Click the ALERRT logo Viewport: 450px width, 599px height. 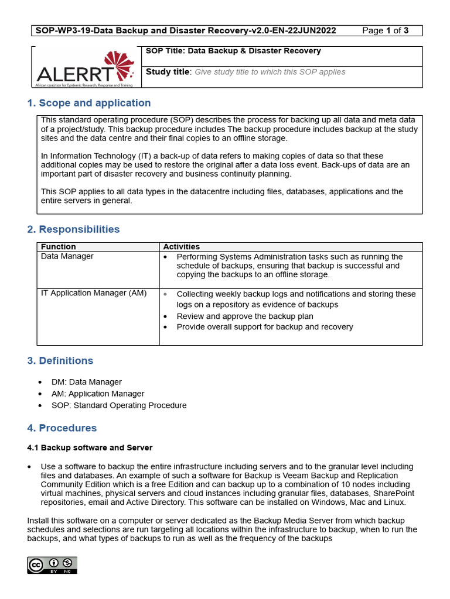86,67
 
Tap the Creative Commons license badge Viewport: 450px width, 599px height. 52,565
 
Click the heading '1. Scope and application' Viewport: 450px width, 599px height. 89,103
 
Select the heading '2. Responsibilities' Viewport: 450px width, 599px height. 73,229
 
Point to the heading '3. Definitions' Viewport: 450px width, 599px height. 60,360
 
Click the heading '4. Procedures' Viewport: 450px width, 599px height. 62,428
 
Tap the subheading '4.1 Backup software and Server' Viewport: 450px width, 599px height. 90,447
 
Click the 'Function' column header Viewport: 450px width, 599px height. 59,247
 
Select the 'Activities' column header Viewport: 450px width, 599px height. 181,247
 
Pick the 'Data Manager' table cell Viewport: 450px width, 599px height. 67,256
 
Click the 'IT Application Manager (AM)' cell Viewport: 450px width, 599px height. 94,293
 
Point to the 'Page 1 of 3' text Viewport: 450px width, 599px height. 386,30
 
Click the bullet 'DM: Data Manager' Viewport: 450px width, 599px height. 87,382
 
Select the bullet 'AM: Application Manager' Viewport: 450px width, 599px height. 98,394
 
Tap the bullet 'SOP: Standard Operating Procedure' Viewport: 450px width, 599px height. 119,405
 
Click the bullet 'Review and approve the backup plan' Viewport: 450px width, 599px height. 245,316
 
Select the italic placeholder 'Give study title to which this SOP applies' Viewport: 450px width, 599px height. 270,72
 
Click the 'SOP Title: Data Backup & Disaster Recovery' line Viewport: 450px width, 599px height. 233,51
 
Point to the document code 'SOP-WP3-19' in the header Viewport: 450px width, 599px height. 60,30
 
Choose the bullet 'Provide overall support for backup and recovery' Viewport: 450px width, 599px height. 265,327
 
